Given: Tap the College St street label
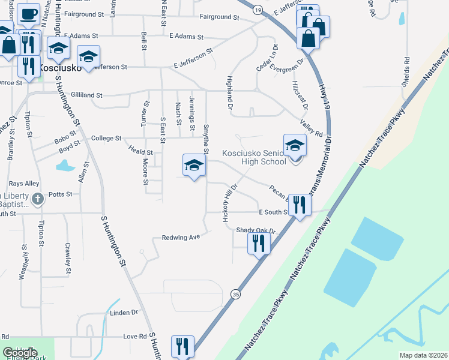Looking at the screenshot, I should [106, 138].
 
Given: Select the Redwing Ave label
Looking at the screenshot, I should [180, 238].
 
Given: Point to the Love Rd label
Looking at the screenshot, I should [134, 337].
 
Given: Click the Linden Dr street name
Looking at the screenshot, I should [124, 313].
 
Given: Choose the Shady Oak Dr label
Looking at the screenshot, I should [255, 230].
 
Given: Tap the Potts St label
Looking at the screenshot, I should [60, 194].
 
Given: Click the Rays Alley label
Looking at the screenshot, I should [23, 184].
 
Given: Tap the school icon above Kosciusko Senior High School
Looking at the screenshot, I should [295, 146].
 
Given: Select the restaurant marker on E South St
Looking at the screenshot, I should [299, 205].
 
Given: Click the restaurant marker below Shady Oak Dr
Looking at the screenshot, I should [259, 242].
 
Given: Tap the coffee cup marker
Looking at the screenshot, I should [28, 13].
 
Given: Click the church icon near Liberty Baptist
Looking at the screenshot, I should [37, 199].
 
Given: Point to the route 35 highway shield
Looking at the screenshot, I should [236, 295].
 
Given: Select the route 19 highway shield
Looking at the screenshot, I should [257, 10].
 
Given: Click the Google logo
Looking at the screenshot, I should [20, 353].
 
